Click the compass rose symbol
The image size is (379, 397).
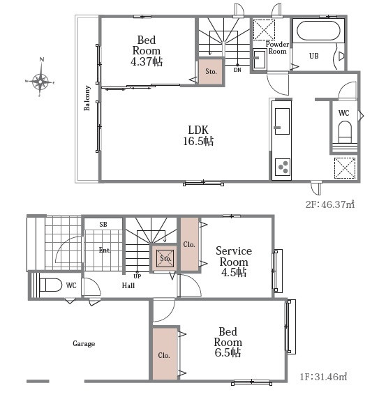[x=40, y=81]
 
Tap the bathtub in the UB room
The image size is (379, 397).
[x=318, y=31]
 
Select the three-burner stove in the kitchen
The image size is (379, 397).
[x=283, y=167]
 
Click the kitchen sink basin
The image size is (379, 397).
[x=282, y=121]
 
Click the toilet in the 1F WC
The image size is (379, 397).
[x=50, y=285]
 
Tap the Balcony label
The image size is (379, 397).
[x=87, y=98]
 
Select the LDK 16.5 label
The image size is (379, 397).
[x=198, y=135]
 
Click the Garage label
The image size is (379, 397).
[x=84, y=343]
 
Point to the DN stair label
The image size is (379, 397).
[x=237, y=70]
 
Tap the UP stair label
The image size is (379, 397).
[x=137, y=276]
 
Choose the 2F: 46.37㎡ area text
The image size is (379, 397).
[x=330, y=204]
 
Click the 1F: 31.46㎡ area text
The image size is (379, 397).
[x=323, y=377]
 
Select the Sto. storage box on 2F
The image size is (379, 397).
[x=211, y=72]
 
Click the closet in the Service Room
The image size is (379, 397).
[x=189, y=244]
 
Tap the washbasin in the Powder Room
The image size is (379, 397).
[x=260, y=59]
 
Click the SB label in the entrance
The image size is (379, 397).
[x=103, y=225]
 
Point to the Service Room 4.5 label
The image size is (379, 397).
[x=234, y=262]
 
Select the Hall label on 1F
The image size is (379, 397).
[x=128, y=285]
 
